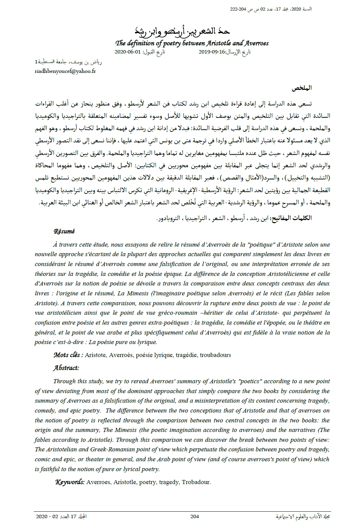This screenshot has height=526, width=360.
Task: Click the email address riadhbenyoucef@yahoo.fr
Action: [x=65, y=71]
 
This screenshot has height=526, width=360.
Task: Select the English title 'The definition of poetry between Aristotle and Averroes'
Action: [x=192, y=43]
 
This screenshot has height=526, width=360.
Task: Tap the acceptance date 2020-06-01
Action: [x=127, y=52]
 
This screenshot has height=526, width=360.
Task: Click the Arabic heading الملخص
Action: [x=301, y=88]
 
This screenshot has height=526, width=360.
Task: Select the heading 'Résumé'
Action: [x=64, y=231]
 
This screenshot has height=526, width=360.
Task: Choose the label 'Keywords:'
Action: [x=70, y=482]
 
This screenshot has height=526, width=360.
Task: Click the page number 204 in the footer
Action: [x=194, y=516]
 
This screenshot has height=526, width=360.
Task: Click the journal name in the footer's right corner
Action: [x=303, y=516]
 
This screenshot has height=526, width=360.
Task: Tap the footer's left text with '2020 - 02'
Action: [x=61, y=516]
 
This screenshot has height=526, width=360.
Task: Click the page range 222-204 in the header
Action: [x=238, y=9]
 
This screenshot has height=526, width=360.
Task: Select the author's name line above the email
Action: [x=68, y=62]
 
